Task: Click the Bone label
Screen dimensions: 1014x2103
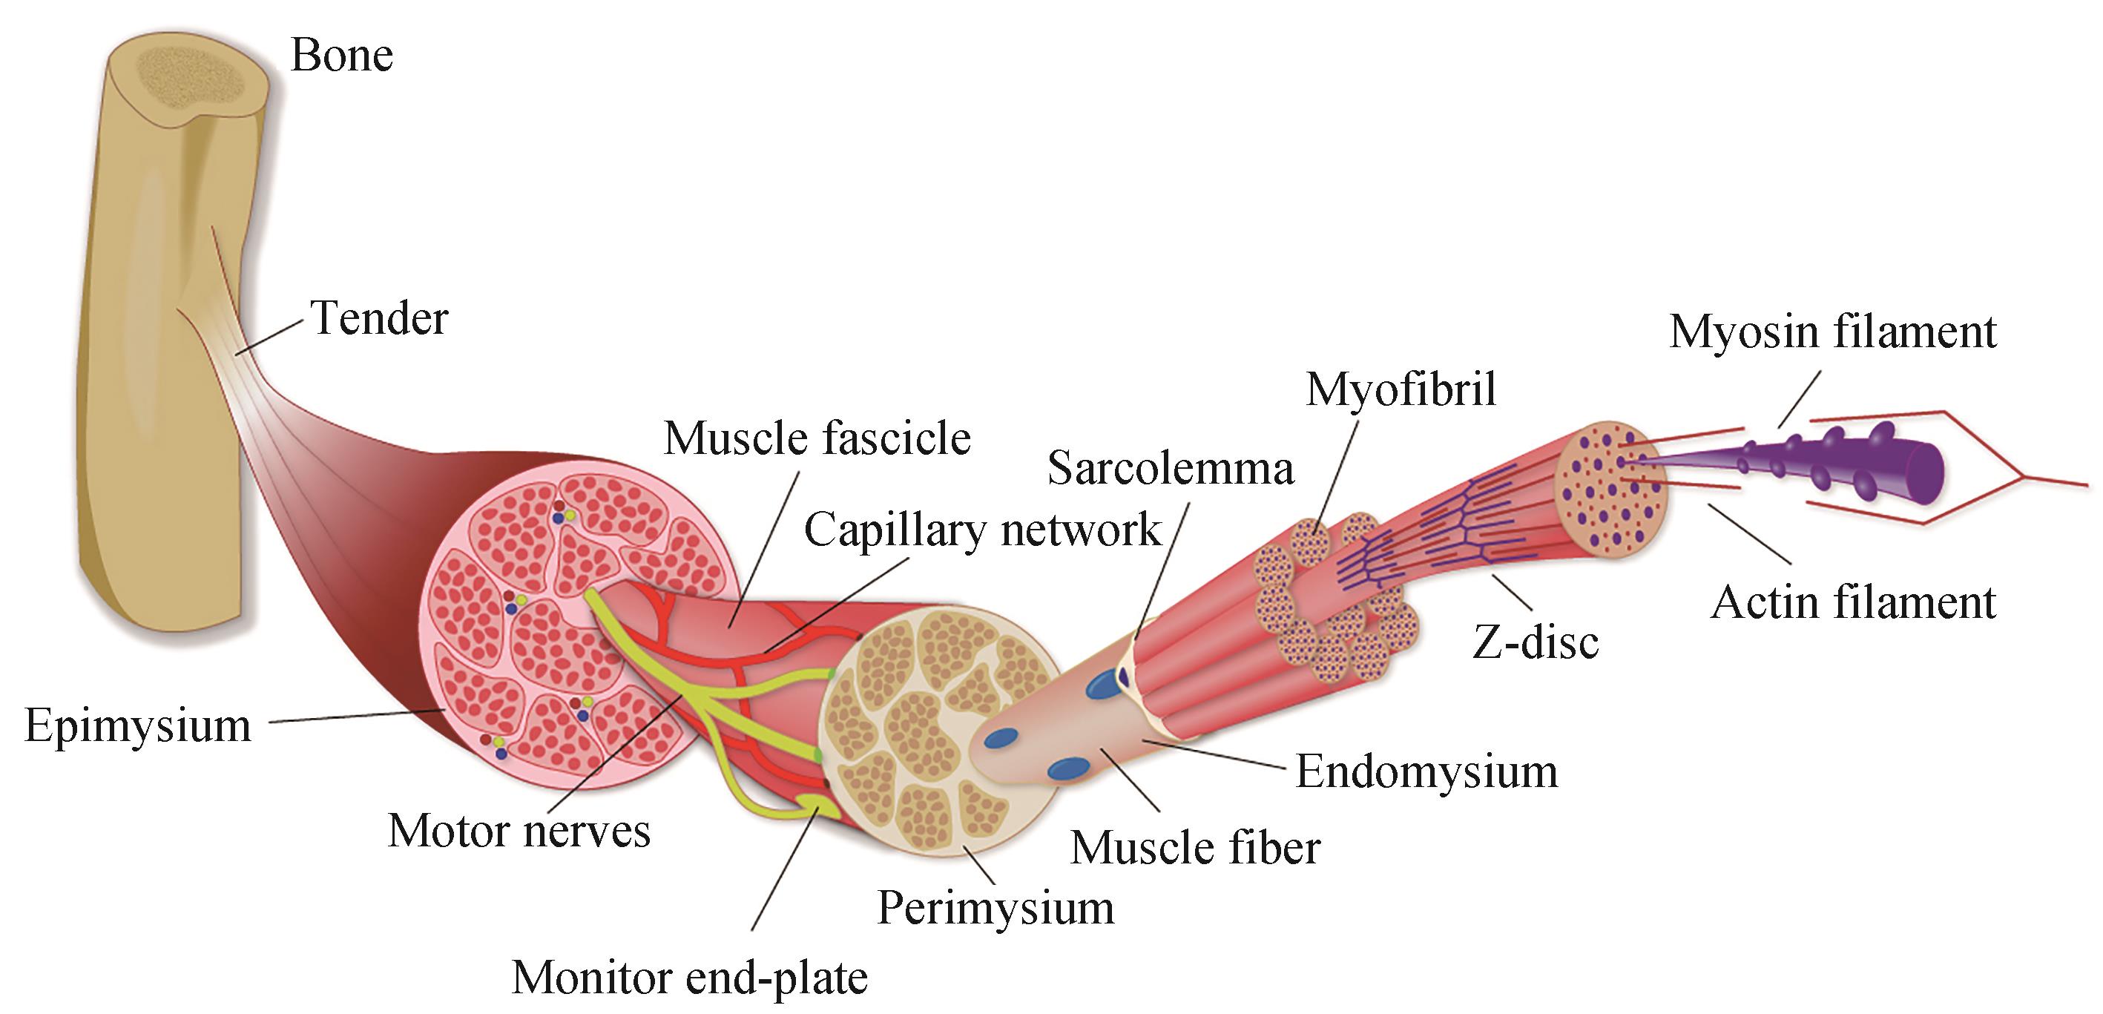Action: (341, 56)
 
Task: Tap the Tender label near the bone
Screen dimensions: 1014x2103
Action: (379, 317)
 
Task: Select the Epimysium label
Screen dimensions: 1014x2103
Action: (137, 725)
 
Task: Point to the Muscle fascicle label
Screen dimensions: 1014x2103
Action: (817, 438)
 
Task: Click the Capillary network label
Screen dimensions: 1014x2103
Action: (982, 530)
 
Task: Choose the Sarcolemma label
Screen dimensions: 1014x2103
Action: (1170, 469)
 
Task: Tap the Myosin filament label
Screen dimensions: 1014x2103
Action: (1832, 332)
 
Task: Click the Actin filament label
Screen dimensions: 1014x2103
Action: (1852, 602)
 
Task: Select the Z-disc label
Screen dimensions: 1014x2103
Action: (1535, 642)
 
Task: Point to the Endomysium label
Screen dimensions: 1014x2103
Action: (1426, 771)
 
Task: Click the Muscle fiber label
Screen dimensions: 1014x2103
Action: (1194, 847)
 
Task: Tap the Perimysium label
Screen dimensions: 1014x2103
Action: (995, 907)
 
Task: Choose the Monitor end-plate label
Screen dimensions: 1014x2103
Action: (689, 977)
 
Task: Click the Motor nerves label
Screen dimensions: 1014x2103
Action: (519, 831)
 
